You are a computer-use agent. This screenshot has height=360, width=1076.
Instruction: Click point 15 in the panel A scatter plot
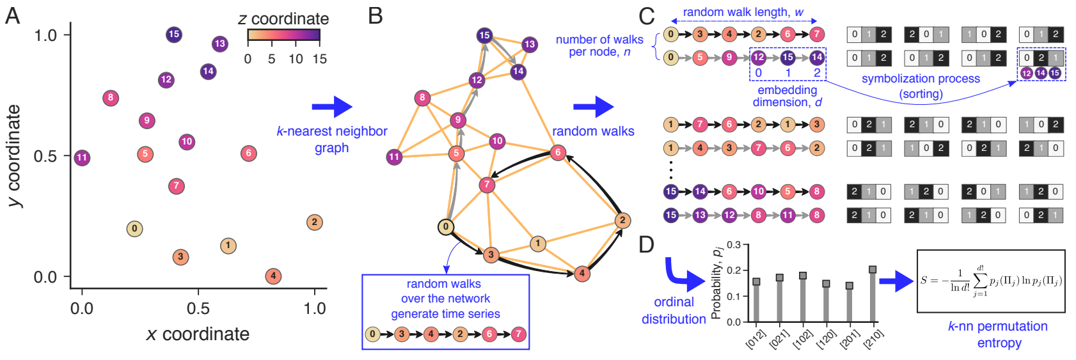[x=173, y=35]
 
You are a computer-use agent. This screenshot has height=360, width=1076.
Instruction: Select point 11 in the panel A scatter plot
[x=81, y=157]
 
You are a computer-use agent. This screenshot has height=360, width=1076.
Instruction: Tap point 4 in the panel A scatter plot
[x=273, y=276]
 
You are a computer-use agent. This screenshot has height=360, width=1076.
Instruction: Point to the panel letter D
[x=647, y=244]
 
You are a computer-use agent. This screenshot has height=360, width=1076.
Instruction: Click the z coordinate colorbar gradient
[x=283, y=35]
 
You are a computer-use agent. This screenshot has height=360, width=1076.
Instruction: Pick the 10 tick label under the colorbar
[x=296, y=59]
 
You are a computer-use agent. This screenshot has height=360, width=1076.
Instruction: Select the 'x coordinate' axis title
[x=198, y=334]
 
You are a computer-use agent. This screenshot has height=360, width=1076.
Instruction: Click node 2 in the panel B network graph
[x=622, y=221]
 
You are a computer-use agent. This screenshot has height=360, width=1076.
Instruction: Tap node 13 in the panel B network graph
[x=529, y=44]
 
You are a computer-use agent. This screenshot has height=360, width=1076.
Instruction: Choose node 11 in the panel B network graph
[x=394, y=157]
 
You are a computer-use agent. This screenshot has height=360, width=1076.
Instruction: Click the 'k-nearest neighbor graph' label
[x=331, y=139]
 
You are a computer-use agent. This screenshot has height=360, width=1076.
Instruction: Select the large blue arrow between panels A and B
[x=331, y=107]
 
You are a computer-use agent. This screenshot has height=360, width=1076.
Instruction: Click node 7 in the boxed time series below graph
[x=518, y=334]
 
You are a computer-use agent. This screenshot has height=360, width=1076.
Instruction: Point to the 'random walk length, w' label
[x=743, y=12]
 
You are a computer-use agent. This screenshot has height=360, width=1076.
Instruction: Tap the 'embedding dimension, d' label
[x=787, y=96]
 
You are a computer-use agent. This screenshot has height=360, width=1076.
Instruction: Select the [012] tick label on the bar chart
[x=755, y=340]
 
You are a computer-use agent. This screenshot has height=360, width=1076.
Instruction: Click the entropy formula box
[x=991, y=281]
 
